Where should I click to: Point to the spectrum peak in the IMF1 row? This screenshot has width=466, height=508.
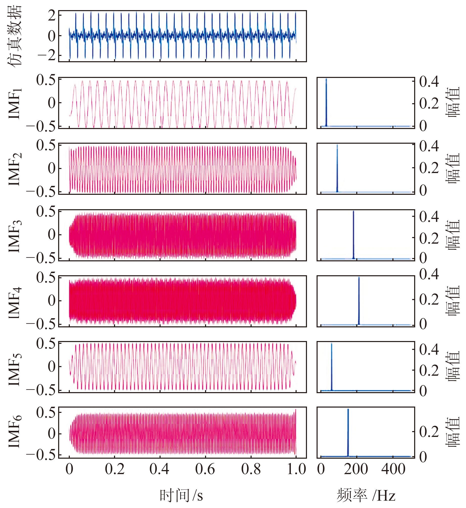point(326,79)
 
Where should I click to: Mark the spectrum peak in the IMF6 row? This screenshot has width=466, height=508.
point(348,410)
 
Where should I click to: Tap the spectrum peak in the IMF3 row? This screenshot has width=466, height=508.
point(353,212)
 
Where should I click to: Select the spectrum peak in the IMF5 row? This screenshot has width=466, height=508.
point(331,344)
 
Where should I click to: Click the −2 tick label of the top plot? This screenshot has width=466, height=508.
point(47,55)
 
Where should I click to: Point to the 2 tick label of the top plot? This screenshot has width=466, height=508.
point(52,16)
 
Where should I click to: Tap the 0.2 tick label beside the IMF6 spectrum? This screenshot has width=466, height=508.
point(429,432)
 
